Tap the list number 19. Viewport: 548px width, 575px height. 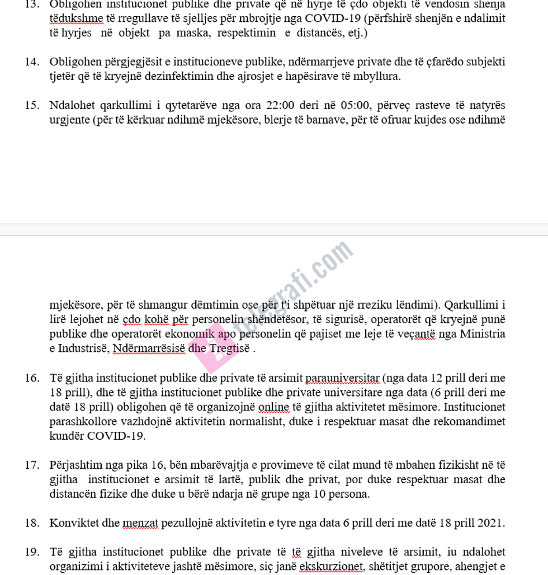31,552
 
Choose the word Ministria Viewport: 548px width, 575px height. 483,334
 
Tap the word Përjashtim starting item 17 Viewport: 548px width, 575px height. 76,465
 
